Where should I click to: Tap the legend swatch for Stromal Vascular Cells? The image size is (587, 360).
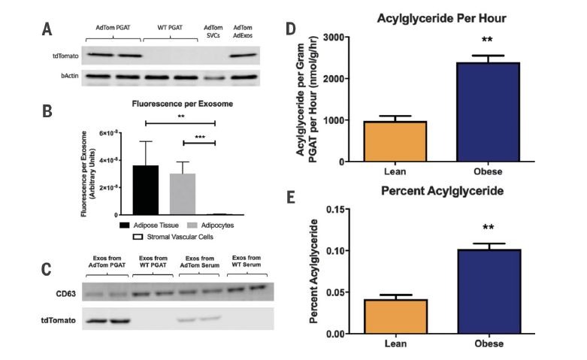[x=138, y=236]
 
